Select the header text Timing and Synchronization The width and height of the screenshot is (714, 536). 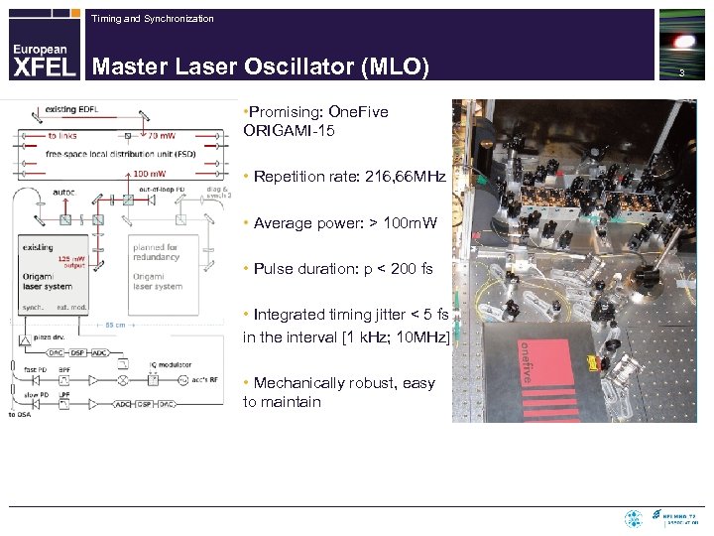152,19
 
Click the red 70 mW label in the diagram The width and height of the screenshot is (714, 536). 161,134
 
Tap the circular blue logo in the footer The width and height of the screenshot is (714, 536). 633,518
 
